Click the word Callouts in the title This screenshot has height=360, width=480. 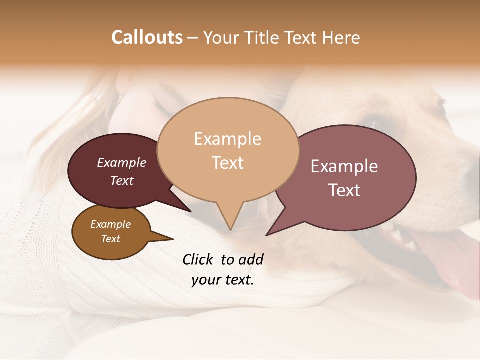pos(147,37)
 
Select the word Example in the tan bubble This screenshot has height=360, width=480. pos(227,138)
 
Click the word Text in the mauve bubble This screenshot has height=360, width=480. pos(344,190)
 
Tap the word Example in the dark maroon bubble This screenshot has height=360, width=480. pos(121,163)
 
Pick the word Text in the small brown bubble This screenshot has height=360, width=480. pos(111,239)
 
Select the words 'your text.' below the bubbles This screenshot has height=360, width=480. pos(222,280)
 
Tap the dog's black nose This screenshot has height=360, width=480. pos(472,172)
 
